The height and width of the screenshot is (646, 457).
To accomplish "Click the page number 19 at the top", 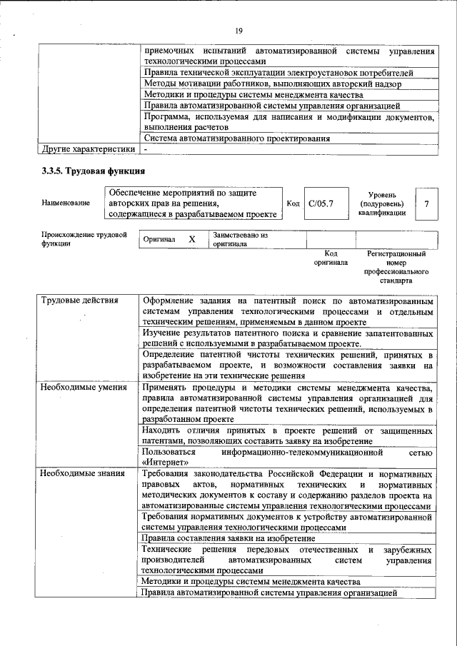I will coord(238,30).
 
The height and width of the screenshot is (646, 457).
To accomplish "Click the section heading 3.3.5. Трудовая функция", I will coord(94,171).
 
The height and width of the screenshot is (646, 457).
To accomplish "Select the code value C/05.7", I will coord(321,203).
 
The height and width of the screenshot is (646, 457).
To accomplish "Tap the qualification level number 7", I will coord(426,203).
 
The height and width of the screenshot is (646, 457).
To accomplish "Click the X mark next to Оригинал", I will coord(191,240).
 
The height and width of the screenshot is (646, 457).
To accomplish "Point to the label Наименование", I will coord(66,203).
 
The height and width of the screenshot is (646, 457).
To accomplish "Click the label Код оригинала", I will coord(331,258).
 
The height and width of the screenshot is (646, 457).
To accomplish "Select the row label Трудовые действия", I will coord(79,300).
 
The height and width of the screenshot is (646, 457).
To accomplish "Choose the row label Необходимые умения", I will coord(84,388).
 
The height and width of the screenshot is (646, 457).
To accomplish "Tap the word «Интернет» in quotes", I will coord(165,462).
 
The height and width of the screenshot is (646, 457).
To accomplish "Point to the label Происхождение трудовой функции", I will coord(84,238).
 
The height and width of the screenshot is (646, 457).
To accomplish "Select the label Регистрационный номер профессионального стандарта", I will coord(396,267).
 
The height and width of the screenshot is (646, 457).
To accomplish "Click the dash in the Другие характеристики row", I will coord(145,150).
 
